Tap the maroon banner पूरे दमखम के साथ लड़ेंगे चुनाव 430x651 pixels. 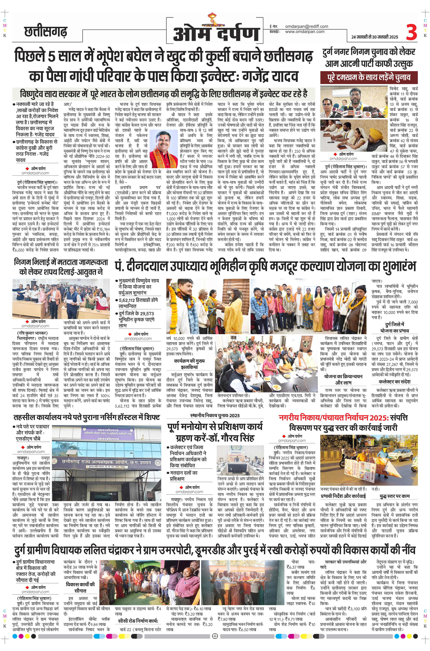(369, 77)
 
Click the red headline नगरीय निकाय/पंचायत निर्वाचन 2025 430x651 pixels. (343, 418)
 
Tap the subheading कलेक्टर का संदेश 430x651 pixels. (394, 381)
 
